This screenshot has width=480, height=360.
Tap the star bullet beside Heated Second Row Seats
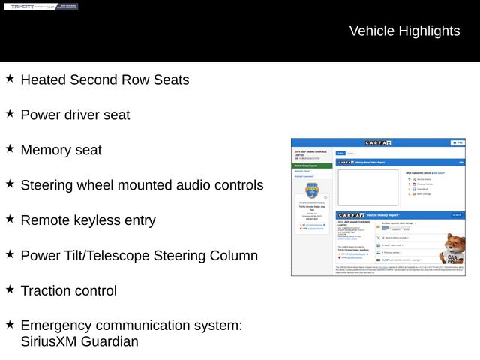point(10,78)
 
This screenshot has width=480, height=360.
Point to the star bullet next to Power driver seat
point(10,113)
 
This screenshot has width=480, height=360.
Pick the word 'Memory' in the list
point(46,150)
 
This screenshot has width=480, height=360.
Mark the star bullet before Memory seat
point(10,148)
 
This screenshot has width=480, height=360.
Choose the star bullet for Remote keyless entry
point(10,219)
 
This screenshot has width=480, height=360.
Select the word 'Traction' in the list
point(47,291)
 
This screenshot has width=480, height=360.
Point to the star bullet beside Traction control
point(10,289)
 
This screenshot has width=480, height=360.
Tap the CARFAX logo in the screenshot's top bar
point(378,142)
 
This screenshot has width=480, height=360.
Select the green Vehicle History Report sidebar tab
point(310,166)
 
